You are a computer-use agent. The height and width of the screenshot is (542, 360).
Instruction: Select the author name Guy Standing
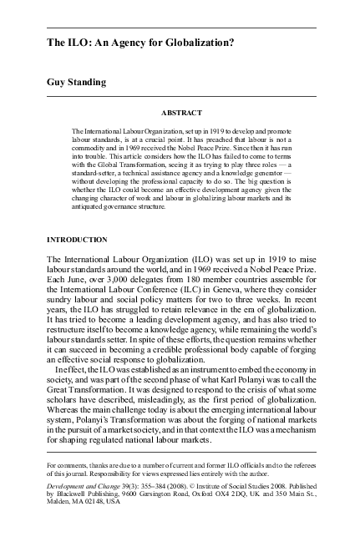(82, 84)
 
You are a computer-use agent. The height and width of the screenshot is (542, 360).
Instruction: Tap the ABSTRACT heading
(180, 111)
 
